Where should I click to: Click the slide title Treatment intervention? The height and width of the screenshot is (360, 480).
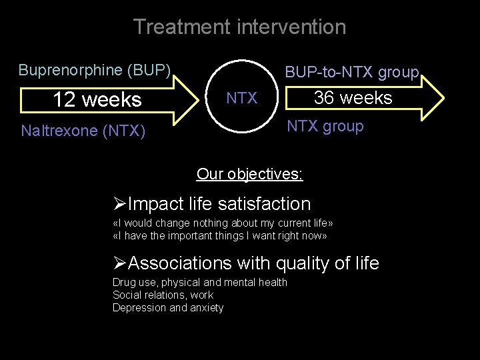point(239,27)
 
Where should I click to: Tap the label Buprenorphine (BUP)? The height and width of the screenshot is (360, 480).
point(95,70)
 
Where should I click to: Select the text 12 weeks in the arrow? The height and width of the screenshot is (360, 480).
point(97,100)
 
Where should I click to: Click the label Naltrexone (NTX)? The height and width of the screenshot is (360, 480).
point(83,131)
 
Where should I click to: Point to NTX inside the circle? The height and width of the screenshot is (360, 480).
point(241,99)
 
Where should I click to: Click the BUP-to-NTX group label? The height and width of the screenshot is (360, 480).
point(351,72)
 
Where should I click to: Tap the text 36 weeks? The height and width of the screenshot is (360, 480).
point(353,98)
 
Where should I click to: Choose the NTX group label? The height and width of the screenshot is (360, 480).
point(325,127)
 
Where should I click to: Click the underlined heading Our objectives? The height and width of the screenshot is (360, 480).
point(249,175)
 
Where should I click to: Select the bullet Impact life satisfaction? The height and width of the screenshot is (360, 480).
point(212,204)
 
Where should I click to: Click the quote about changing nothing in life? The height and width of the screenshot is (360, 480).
point(223,223)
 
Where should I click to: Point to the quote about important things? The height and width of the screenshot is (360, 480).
point(220,235)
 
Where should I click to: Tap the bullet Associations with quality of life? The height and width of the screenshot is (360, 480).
point(246,263)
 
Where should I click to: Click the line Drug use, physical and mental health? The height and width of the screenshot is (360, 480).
point(199,282)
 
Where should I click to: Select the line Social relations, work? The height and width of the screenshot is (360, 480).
point(163,295)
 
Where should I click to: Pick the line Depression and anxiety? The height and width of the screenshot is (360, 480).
point(168,307)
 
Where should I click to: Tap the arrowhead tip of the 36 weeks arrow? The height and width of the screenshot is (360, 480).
point(442,97)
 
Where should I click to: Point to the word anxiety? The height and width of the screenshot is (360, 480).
point(207,307)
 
